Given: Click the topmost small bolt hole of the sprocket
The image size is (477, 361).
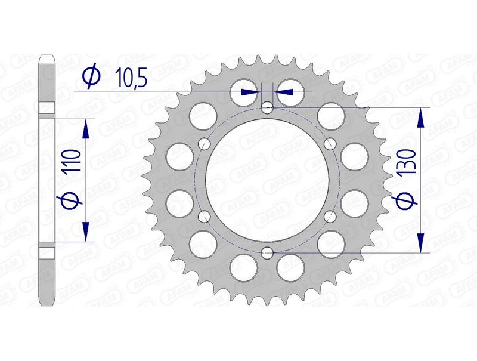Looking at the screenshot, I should tap(267, 108).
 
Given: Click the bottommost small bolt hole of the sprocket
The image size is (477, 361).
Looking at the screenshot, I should tap(267, 252).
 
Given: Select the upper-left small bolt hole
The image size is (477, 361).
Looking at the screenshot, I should tap(205, 144).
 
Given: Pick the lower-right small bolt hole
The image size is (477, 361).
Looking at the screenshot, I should tap(330, 216).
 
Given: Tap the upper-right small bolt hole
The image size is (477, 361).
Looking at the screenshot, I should tap(330, 144).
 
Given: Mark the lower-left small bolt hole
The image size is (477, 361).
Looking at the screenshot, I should tap(205, 216).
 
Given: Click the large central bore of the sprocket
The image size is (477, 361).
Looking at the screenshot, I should tap(267, 180).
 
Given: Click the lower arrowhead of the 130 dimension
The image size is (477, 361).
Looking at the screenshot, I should tap(422, 242).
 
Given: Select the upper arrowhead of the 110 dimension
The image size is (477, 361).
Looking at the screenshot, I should tap(86, 128).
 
